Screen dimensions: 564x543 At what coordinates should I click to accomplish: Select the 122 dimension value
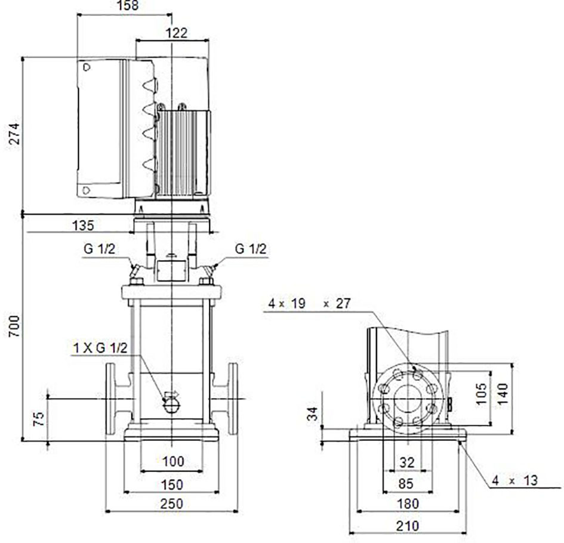(x=177, y=33)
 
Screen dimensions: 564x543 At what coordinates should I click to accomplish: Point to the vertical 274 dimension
(x=14, y=134)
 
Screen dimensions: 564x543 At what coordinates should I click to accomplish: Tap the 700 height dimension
(x=14, y=326)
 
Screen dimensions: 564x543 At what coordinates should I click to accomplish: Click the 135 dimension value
(x=83, y=226)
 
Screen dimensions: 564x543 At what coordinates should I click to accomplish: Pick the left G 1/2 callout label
(x=100, y=249)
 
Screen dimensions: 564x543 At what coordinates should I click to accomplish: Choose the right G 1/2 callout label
(x=251, y=248)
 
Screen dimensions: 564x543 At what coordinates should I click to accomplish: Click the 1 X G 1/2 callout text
(x=100, y=348)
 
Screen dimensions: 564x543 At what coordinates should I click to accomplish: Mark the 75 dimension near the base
(x=38, y=419)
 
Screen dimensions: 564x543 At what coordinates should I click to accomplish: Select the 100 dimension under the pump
(x=173, y=461)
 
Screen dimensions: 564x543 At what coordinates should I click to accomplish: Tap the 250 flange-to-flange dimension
(x=171, y=504)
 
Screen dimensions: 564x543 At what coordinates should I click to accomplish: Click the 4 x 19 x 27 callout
(x=309, y=303)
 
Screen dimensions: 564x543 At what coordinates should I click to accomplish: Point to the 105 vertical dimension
(x=481, y=394)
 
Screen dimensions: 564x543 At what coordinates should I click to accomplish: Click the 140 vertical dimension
(x=503, y=394)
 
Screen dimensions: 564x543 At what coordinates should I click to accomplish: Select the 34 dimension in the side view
(x=313, y=414)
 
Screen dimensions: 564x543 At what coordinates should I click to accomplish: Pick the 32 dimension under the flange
(x=407, y=462)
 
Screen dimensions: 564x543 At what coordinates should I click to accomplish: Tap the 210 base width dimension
(x=408, y=526)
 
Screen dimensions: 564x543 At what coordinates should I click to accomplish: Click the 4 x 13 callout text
(x=514, y=480)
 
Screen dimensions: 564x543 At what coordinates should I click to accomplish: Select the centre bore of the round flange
(x=408, y=399)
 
